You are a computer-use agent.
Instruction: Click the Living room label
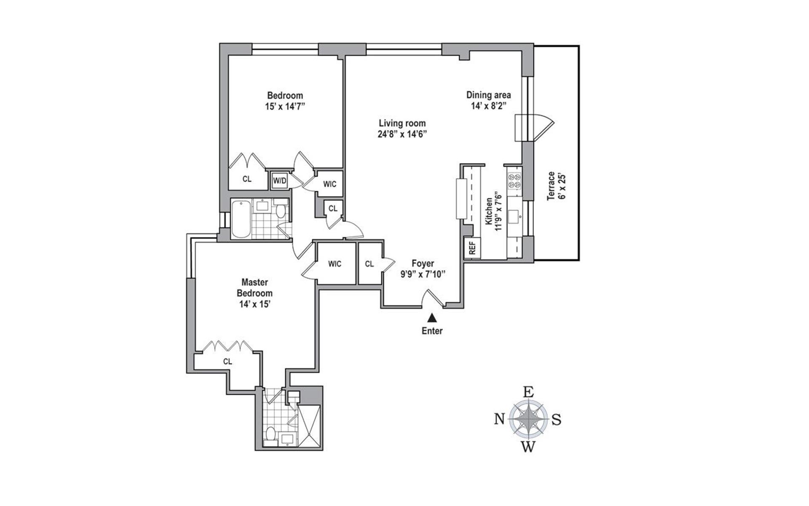(402, 124)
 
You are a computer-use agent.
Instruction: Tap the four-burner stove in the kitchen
(514, 181)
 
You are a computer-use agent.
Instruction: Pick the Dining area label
(488, 95)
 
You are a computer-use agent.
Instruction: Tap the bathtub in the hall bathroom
(241, 219)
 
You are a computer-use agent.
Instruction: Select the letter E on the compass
(528, 392)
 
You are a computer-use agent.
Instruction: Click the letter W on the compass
(528, 447)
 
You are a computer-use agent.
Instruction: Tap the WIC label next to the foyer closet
(335, 264)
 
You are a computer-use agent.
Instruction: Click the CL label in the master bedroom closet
(228, 361)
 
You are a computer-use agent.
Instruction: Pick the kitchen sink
(515, 217)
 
